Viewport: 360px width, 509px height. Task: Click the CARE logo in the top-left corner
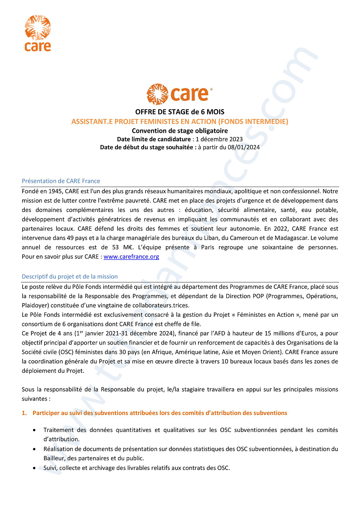(x=38, y=33)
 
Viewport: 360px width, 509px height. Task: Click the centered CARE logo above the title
(x=179, y=94)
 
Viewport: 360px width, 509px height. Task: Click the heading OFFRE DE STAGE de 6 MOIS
(x=180, y=112)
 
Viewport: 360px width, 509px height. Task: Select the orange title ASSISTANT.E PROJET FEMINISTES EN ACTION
(x=180, y=122)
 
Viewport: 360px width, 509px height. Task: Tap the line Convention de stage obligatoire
(x=180, y=131)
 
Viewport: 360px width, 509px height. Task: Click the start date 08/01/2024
(x=245, y=147)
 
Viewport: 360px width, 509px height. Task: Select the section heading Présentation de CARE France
(x=61, y=181)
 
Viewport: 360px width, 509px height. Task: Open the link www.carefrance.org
(x=131, y=257)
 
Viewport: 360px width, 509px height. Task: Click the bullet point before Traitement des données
(x=34, y=430)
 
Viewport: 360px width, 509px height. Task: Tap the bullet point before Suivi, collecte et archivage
(x=34, y=468)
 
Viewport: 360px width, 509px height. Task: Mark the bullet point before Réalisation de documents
(x=34, y=449)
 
